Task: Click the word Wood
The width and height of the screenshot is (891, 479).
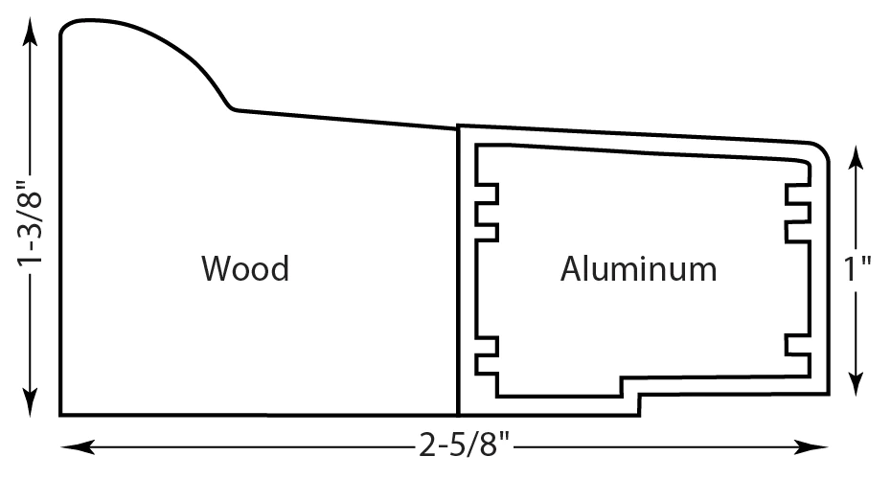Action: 245,268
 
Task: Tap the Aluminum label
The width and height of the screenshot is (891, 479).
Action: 638,268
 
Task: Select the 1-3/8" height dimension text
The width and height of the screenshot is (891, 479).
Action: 29,223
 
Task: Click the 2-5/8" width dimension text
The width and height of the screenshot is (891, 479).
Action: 465,445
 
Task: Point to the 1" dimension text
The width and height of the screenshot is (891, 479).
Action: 857,269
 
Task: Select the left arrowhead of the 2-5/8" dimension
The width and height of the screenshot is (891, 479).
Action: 77,447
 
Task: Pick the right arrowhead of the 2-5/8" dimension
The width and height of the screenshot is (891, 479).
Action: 811,447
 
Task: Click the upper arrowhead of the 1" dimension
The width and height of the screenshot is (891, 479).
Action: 856,158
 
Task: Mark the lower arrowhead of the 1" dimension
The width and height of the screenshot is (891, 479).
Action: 856,382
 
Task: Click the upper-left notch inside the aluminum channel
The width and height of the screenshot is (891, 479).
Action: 487,213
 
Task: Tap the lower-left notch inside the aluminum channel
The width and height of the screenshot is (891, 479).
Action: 487,355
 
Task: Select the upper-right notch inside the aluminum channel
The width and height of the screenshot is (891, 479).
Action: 798,213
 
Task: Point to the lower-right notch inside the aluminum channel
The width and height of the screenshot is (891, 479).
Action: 798,345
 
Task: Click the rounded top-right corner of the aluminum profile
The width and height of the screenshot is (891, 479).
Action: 822,149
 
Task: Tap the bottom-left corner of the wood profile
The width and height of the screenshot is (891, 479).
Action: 60,415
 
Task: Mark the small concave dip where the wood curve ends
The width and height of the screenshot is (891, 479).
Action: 232,108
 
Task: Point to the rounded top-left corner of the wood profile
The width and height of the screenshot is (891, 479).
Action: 67,26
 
